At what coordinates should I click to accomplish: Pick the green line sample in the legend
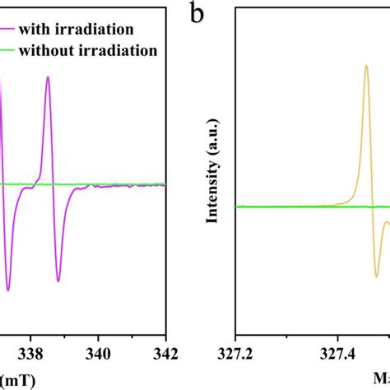click(x=12, y=50)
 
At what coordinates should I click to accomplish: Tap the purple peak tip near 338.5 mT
click(x=48, y=77)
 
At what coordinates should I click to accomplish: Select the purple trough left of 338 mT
click(x=8, y=290)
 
